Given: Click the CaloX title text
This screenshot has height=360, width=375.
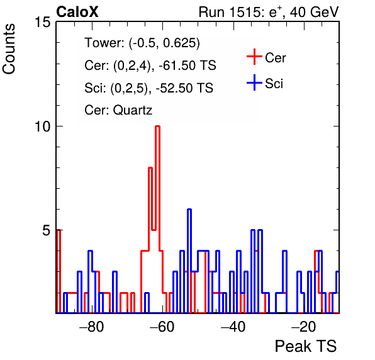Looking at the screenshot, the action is coord(77,12).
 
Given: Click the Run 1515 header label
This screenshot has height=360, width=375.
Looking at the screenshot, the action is coord(269,12).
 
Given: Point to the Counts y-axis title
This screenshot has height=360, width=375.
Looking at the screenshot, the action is coord(9,49).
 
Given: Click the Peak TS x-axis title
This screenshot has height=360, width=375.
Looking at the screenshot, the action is coord(305,346).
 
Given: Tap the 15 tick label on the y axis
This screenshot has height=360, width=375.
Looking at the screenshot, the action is coord(43,22).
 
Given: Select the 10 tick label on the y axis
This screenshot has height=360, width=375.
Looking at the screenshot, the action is coord(43,127).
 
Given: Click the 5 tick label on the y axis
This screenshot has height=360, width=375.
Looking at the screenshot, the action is coord(47,230).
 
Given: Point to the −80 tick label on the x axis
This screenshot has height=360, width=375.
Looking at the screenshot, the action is coord(92,327).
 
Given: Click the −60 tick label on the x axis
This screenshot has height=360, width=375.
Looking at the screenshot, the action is coord(162,327).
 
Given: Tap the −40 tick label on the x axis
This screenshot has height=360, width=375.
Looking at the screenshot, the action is coord(233,327).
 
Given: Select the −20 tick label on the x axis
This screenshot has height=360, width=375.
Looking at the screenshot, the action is coord(304,327).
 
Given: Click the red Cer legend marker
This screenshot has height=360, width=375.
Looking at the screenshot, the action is coord(254,57).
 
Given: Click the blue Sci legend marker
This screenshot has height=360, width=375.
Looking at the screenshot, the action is coord(254,83).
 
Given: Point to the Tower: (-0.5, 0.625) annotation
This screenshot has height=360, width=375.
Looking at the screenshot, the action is coord(142,43).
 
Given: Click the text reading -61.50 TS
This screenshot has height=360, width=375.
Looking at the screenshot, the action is coord(187,65).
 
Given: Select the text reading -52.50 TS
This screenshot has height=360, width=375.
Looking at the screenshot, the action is coord(184,87).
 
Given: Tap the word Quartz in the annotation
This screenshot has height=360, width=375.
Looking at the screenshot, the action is coord(133,110).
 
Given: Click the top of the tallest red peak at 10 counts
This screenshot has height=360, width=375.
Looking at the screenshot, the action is coord(157,126).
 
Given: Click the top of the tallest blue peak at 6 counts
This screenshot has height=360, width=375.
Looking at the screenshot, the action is coord(189,210).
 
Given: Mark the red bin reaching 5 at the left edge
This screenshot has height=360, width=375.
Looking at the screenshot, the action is coord(59,271).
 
